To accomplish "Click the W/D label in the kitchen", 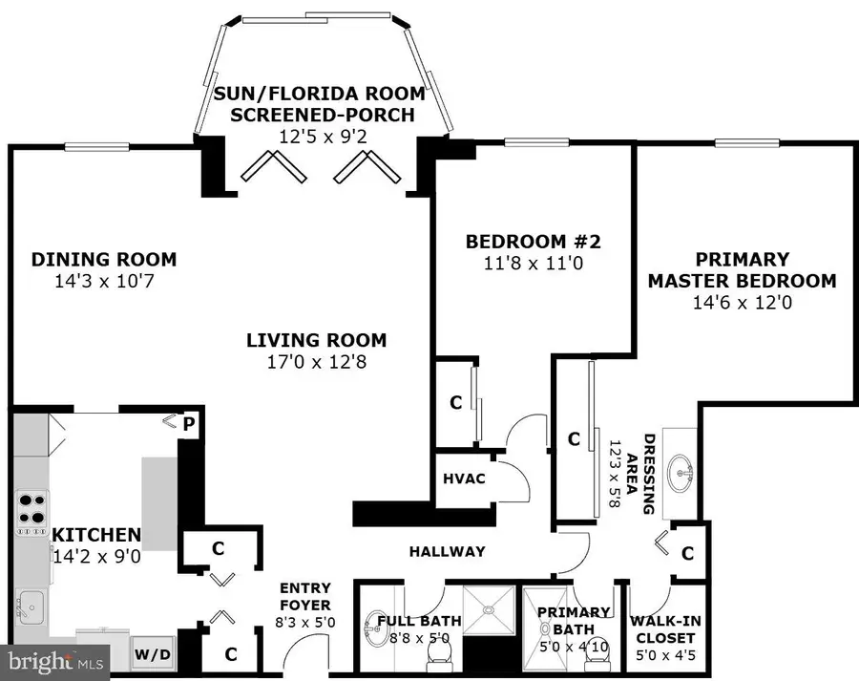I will tap(153, 655).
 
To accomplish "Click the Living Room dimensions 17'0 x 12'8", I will tap(316, 362).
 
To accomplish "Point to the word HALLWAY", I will tap(447, 551).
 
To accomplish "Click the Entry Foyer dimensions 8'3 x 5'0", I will tap(304, 622).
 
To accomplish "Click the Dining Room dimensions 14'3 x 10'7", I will tap(103, 282).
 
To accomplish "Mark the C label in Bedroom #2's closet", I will tap(455, 402).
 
